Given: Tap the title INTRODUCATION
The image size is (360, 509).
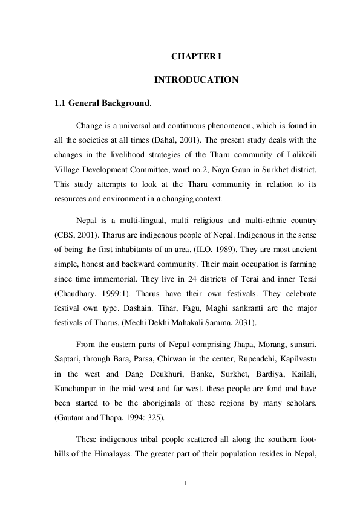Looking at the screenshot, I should click(x=197, y=80).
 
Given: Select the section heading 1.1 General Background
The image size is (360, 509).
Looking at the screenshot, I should click(x=103, y=103).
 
